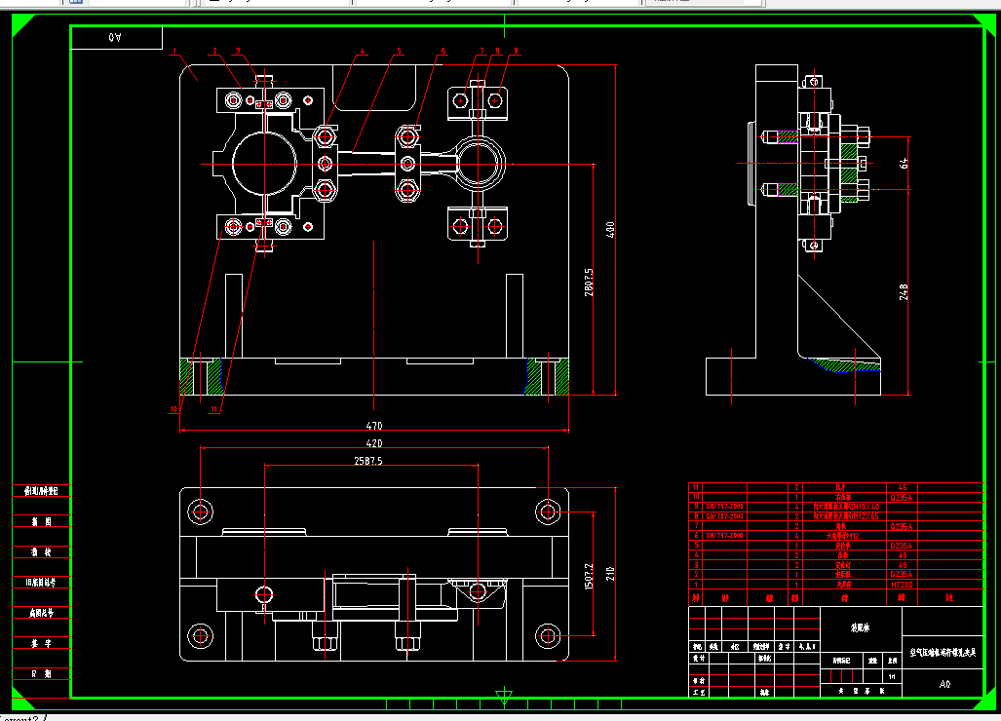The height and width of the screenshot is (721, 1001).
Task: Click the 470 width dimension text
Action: (373, 426)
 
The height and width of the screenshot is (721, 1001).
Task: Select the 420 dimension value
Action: (373, 442)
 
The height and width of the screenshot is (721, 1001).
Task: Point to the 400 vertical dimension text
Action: (611, 230)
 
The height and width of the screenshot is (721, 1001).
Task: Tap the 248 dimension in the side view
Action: (904, 290)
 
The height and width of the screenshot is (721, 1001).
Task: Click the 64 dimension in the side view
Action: (904, 163)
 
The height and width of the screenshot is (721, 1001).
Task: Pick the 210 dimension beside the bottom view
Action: (611, 573)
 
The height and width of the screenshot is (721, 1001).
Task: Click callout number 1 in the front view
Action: (173, 50)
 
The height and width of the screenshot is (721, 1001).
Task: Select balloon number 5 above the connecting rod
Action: (398, 52)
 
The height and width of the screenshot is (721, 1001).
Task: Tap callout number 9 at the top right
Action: (516, 51)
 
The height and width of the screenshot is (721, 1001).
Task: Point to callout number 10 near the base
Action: (174, 410)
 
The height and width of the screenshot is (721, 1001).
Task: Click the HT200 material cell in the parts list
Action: (901, 585)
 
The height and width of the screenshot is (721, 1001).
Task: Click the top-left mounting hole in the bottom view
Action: (202, 511)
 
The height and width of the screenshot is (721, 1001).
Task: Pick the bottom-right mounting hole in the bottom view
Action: (547, 636)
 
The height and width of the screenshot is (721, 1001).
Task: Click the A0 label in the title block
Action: (943, 685)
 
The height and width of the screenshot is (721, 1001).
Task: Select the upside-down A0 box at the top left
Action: (117, 37)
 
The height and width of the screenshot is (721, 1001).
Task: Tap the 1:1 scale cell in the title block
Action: (893, 675)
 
